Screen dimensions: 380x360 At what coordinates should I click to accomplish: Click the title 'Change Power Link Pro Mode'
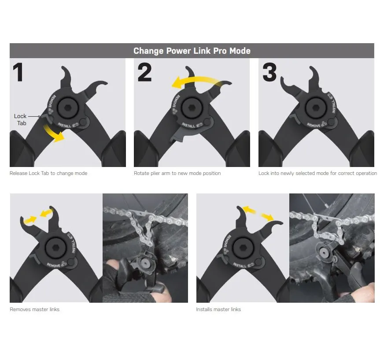(x=192, y=51)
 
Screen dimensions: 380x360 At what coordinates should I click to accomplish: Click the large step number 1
(x=18, y=72)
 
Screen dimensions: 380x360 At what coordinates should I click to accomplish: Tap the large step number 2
(x=144, y=72)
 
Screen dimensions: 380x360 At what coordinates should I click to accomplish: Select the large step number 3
(x=269, y=72)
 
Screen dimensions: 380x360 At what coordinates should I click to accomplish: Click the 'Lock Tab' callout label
(x=20, y=119)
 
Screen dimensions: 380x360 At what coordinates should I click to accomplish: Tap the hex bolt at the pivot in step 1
(x=68, y=108)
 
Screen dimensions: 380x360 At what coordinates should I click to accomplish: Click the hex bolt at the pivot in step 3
(x=315, y=108)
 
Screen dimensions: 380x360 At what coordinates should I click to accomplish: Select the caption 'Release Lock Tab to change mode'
(x=48, y=173)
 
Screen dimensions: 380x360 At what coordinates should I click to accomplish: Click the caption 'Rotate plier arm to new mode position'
(x=177, y=173)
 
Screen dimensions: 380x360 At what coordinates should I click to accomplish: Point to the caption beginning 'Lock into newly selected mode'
(x=317, y=173)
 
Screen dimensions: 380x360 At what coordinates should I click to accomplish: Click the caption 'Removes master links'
(x=35, y=309)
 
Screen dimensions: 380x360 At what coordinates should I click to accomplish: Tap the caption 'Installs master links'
(x=218, y=309)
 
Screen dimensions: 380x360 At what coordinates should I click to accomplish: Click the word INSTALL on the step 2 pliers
(x=188, y=125)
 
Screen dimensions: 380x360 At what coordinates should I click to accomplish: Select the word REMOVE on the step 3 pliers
(x=314, y=125)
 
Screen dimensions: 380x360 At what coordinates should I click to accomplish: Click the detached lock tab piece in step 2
(x=177, y=135)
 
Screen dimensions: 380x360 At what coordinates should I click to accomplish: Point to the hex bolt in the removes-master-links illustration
(x=56, y=248)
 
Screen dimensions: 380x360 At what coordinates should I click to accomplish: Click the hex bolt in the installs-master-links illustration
(x=243, y=248)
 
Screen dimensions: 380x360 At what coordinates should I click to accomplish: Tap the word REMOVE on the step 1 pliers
(x=52, y=101)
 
